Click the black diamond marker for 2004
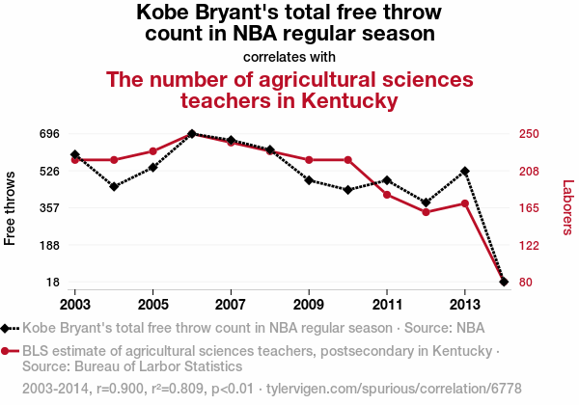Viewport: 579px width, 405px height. click(114, 186)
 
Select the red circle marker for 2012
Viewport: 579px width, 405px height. click(426, 212)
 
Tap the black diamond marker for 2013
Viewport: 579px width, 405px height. click(465, 171)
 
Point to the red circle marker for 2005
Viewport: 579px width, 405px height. click(153, 151)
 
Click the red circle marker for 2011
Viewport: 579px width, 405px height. click(387, 195)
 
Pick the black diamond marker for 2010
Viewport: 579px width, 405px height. click(347, 190)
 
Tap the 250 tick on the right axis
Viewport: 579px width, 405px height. click(533, 133)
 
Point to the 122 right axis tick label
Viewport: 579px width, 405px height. click(533, 245)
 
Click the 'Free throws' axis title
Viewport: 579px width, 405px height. click(11, 207)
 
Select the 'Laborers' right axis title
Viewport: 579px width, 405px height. click(567, 207)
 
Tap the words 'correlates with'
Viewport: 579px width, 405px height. click(289, 56)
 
